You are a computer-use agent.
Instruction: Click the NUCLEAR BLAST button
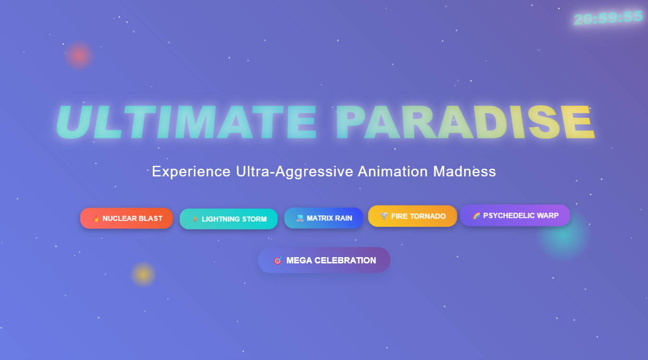point(126,218)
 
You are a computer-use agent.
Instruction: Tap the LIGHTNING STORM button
point(229,219)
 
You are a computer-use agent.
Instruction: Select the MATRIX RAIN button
point(324,218)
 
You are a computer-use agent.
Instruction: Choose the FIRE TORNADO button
point(413,216)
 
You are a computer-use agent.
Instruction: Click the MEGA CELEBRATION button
point(324,260)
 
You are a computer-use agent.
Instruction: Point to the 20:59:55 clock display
point(608,18)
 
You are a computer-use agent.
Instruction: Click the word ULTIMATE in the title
point(186,122)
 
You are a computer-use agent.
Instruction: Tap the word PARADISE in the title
point(465,122)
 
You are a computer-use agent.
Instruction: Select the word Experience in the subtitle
point(191,172)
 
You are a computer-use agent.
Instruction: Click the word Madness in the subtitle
point(465,171)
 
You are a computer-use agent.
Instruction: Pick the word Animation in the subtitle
point(392,171)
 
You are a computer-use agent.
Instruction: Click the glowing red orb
point(79,56)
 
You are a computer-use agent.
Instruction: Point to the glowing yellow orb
point(143,274)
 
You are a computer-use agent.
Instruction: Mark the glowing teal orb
point(562,235)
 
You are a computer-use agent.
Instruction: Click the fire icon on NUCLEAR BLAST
point(96,219)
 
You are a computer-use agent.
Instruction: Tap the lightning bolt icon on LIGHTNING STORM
point(195,219)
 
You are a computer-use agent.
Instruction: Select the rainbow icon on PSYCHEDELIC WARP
point(476,216)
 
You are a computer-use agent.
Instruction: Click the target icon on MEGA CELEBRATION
point(278,261)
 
